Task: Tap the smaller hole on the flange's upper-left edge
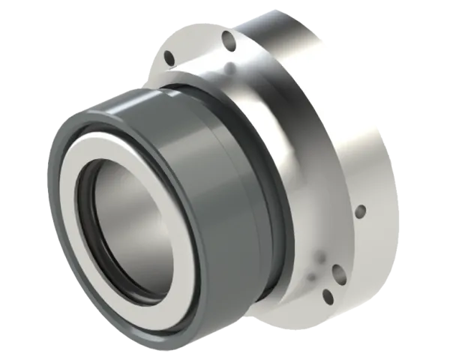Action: [x=169, y=57]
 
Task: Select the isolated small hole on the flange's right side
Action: [x=360, y=211]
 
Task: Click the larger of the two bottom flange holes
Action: [x=337, y=274]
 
